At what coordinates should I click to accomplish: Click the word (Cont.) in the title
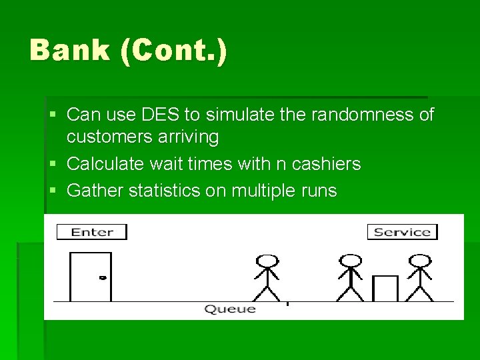[x=175, y=51]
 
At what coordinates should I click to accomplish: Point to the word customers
[x=108, y=137]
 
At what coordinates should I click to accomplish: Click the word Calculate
[x=105, y=164]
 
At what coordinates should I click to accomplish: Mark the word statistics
[x=164, y=191]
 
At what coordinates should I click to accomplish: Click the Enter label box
[x=91, y=232]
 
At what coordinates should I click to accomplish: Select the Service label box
[x=402, y=232]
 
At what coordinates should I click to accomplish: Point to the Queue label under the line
[x=229, y=309]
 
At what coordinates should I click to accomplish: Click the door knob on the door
[x=102, y=277]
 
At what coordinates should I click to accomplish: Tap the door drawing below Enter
[x=91, y=277]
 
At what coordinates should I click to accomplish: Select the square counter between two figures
[x=385, y=289]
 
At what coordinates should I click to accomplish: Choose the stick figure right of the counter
[x=419, y=278]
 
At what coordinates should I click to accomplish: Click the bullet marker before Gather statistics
[x=53, y=191]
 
